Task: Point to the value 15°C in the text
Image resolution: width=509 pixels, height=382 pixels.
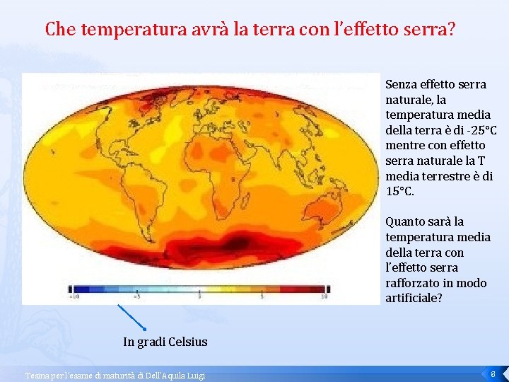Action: click(x=400, y=192)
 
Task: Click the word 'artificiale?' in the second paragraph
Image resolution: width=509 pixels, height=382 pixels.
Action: click(x=414, y=298)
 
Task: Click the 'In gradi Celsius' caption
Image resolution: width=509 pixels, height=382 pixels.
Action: click(x=165, y=342)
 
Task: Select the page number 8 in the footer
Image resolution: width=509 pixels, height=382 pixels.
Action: click(x=492, y=373)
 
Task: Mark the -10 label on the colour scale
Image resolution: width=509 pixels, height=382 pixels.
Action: click(x=74, y=296)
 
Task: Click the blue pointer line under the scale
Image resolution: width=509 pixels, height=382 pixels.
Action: click(x=131, y=317)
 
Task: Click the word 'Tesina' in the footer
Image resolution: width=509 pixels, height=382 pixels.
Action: click(x=36, y=375)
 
